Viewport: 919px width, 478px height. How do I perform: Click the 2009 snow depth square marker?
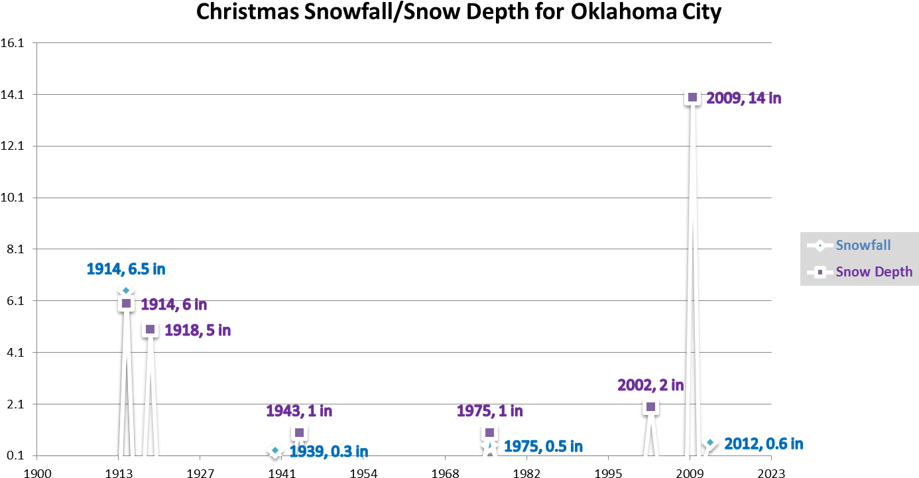click(692, 97)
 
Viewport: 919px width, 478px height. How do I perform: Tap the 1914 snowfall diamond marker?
click(126, 290)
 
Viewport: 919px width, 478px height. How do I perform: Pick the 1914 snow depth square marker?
click(126, 304)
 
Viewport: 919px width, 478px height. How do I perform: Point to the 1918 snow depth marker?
click(151, 329)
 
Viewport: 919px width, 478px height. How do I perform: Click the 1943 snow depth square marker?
click(299, 433)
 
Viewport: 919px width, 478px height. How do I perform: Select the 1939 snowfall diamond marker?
click(275, 450)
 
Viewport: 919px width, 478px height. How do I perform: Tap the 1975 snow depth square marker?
click(489, 433)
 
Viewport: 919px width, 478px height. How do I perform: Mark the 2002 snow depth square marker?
click(650, 407)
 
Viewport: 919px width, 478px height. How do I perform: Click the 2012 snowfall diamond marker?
click(710, 442)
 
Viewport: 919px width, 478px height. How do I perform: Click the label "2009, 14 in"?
click(743, 98)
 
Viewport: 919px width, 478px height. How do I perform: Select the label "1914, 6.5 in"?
click(125, 269)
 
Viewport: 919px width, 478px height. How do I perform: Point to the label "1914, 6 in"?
click(174, 304)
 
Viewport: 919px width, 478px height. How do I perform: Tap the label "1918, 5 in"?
click(198, 329)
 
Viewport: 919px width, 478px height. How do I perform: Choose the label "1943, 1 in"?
click(299, 411)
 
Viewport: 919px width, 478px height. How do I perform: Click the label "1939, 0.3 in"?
click(329, 451)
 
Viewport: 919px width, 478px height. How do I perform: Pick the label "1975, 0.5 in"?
click(543, 446)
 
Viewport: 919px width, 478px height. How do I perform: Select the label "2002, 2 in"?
click(650, 385)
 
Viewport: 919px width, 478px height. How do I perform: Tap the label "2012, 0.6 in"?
click(763, 444)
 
